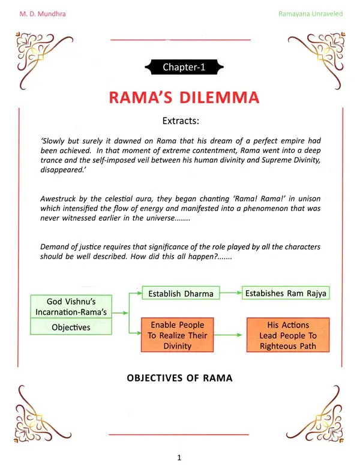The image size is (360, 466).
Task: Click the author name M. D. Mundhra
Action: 43,14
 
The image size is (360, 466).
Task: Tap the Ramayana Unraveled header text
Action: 310,14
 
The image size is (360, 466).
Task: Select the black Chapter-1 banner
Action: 184,67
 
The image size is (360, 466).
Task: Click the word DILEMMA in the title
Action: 220,98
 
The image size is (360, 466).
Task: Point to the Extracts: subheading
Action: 181,121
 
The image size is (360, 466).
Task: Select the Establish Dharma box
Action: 181,293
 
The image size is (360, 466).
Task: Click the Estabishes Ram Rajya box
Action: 286,293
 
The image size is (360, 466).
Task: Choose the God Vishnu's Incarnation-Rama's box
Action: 71,306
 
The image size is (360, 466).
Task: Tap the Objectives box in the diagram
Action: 71,327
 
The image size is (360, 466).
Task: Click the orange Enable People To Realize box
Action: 177,335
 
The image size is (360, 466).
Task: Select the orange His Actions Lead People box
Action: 288,335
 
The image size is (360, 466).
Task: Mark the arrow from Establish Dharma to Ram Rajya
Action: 230,293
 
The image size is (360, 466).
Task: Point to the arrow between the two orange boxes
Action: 228,335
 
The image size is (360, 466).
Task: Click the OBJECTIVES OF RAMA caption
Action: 179,378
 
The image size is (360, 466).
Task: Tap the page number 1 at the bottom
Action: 179,458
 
